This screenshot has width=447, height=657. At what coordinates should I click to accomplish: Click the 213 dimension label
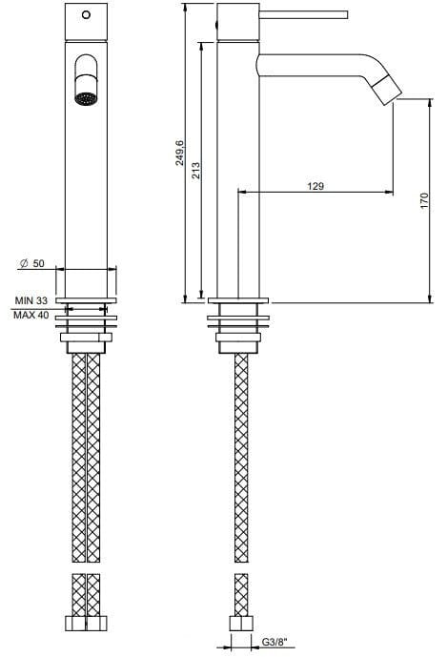(194, 172)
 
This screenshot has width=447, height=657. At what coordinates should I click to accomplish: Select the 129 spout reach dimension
(315, 186)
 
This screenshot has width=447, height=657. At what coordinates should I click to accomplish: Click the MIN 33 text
(31, 301)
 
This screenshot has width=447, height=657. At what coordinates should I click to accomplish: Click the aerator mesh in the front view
(86, 96)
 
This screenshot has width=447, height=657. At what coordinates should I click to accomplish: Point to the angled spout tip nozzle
(387, 90)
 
